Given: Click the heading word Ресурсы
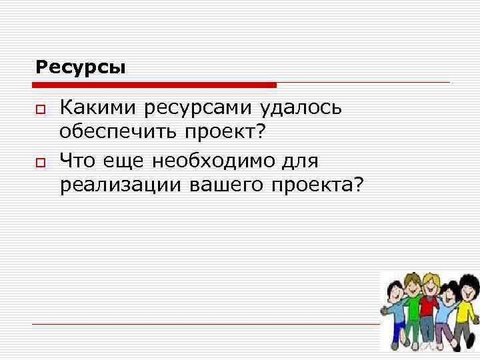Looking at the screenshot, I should point(80,68).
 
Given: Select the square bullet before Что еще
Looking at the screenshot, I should point(39,161).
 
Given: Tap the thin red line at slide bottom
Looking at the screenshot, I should point(200,324).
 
